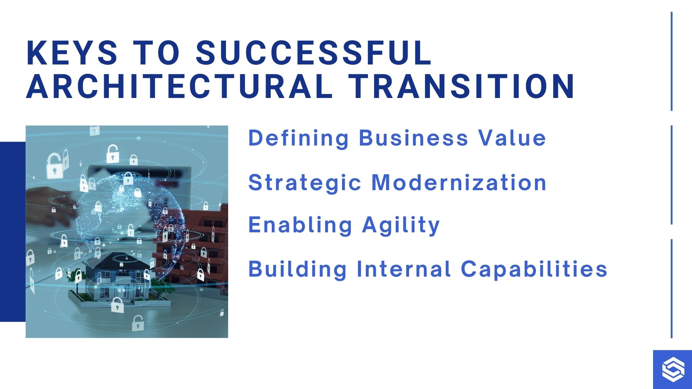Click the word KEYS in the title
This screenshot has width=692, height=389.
(72, 53)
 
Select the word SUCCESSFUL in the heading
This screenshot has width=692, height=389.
(314, 53)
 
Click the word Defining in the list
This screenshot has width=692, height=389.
(299, 138)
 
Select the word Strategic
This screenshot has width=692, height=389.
(305, 183)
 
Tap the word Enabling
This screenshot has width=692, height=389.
(300, 225)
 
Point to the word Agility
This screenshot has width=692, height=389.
(401, 225)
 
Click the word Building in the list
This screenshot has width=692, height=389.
(297, 269)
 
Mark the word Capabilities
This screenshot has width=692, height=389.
(534, 269)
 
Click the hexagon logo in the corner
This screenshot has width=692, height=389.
(673, 370)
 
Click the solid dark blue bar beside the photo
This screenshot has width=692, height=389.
(13, 232)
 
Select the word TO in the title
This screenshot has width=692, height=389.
(156, 53)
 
